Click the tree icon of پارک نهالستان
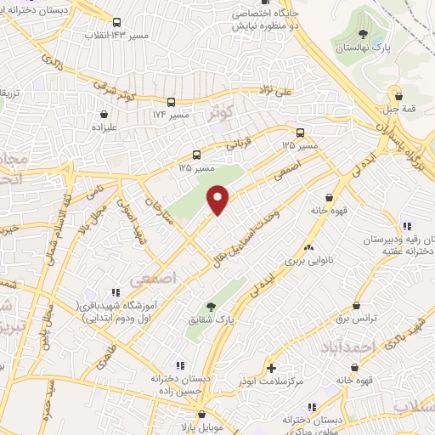pos(364,35)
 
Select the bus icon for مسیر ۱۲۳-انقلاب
pos(116,23)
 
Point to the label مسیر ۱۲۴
pos(169,114)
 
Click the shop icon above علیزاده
pos(105,113)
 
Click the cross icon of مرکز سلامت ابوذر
pos(271,368)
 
